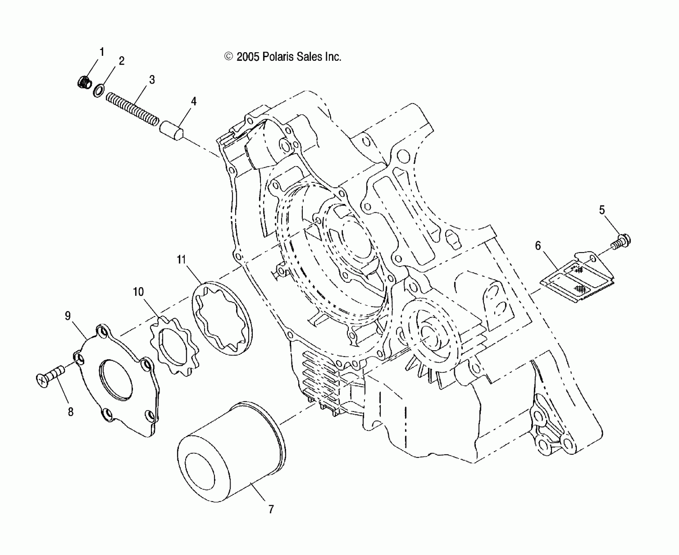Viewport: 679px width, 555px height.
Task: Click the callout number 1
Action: (102, 52)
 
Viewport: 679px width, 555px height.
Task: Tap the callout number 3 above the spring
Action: (152, 79)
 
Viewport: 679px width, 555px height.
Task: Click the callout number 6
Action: (538, 246)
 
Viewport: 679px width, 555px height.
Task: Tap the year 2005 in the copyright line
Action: (248, 57)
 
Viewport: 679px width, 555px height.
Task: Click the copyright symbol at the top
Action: (228, 57)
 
